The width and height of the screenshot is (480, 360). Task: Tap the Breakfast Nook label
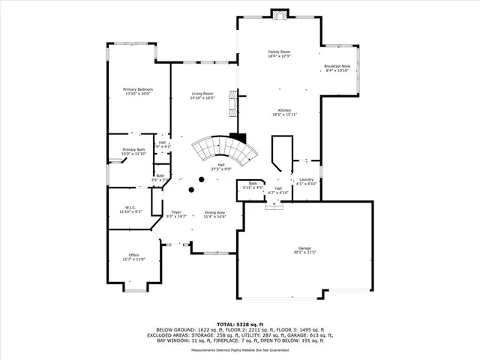(337, 66)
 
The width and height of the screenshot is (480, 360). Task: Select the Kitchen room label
(284, 110)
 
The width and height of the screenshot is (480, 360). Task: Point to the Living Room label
(202, 94)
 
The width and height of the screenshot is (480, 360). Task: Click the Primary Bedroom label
(137, 89)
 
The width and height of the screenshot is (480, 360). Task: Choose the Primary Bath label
(134, 150)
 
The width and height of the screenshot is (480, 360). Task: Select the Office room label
(133, 255)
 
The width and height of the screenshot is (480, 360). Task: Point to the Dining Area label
(215, 212)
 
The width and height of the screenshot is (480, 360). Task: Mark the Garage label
(304, 247)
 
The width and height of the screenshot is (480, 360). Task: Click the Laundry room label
(306, 179)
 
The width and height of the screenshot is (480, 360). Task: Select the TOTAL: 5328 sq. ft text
(240, 323)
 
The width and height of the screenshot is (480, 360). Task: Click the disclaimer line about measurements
(240, 349)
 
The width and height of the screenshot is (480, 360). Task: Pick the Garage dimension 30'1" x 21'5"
(304, 252)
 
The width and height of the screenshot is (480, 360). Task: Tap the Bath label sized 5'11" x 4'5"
(253, 186)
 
